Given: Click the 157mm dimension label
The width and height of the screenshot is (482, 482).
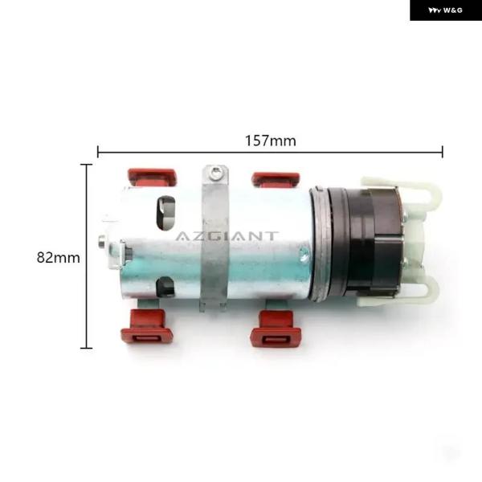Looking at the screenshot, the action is pos(271,141).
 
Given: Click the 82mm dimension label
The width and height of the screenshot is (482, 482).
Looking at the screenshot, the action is pos(58,257).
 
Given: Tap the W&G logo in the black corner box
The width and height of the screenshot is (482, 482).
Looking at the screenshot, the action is pos(445,10).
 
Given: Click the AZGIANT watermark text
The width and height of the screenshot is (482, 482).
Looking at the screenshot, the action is pos(227,236).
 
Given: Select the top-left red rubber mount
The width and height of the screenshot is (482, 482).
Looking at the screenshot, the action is pos(152,178).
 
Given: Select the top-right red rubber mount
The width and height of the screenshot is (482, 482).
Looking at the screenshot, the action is pos(276,180).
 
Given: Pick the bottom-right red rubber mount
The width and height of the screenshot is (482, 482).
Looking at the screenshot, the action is pos(276,329).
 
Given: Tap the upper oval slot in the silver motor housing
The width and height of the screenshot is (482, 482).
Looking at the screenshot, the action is pos(165,214).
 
